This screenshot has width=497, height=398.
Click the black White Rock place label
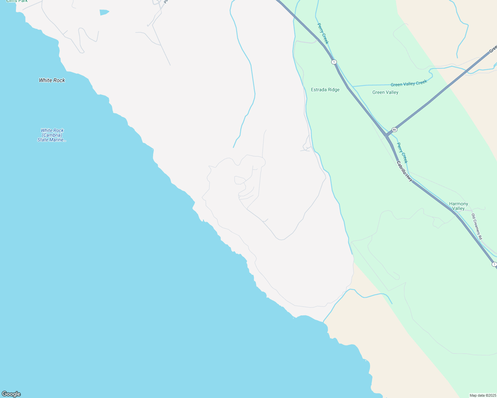52,80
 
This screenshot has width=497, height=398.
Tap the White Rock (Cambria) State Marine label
52,135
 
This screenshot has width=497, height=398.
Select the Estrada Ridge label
325,90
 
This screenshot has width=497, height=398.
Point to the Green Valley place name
385,92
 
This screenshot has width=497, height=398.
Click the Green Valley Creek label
409,83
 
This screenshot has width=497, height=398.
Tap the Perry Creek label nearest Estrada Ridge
323,33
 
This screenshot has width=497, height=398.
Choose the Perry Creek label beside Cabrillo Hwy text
402,153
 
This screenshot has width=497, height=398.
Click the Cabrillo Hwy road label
404,171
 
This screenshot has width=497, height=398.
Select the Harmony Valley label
458,206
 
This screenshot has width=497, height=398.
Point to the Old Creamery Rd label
477,227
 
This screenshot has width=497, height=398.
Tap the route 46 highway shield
394,129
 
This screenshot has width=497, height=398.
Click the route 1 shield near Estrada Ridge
334,62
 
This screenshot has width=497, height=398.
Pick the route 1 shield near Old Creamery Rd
494,264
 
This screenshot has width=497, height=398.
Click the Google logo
11,394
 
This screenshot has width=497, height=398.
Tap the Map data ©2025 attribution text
482,395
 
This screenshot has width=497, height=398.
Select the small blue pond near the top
104,12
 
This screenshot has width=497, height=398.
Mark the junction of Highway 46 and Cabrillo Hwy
386,135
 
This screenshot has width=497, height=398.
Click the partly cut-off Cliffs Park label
17,1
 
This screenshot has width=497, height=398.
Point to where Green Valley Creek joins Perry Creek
353,87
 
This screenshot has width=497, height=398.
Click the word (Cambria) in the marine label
52,135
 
